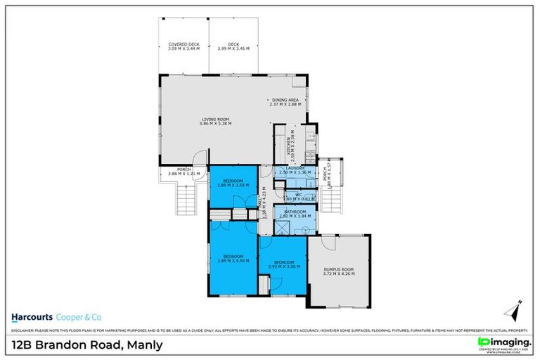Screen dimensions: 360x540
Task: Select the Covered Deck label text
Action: point(184,44)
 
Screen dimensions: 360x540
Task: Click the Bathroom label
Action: point(295,211)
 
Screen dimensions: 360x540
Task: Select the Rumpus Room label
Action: point(340,269)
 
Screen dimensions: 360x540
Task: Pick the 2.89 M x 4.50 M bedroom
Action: point(233,257)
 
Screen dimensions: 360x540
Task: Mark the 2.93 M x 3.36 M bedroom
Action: point(284,264)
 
